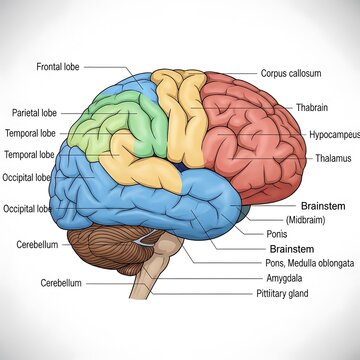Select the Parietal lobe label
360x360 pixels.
[34, 112]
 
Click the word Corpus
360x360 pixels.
[274, 73]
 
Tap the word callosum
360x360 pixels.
[304, 73]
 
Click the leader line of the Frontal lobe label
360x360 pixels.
[105, 67]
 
